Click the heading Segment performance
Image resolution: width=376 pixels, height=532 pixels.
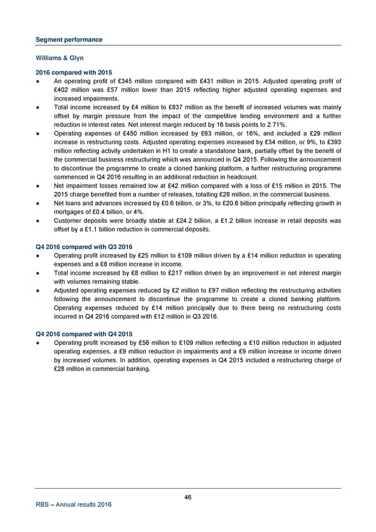(x=68, y=40)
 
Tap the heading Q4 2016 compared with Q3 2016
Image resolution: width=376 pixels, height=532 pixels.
(x=83, y=246)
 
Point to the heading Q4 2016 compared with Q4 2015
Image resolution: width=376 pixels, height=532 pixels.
(x=83, y=333)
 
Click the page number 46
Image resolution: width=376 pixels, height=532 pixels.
(x=188, y=497)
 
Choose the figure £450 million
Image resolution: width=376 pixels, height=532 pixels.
(x=137, y=134)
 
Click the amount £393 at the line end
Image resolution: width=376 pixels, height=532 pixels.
(x=332, y=142)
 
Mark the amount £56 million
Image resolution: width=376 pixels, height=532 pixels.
(x=157, y=343)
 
